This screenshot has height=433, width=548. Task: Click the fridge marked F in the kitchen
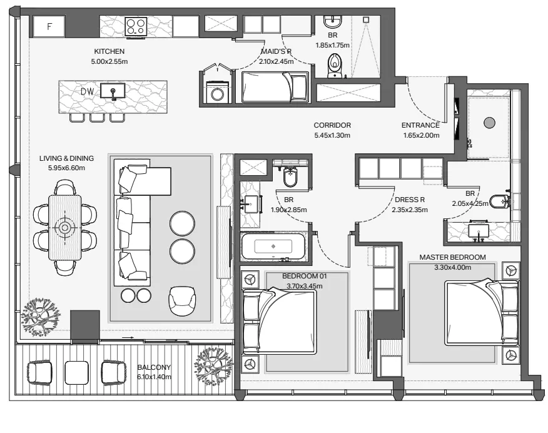tap(49, 26)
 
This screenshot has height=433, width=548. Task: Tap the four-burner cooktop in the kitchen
tap(136, 26)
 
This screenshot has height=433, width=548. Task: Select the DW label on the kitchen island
tap(88, 91)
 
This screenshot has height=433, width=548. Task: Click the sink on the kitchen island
tap(113, 91)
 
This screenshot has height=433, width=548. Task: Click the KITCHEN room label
tap(109, 51)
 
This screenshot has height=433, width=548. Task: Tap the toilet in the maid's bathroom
tap(335, 66)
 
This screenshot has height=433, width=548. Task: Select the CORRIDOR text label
tap(332, 125)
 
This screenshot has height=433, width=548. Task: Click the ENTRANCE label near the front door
tap(420, 125)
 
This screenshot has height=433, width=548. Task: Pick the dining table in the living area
tap(64, 228)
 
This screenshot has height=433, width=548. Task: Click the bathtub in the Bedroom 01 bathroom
tap(273, 247)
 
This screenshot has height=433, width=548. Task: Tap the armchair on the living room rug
tap(182, 300)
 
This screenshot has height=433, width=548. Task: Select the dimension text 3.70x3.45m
tap(305, 286)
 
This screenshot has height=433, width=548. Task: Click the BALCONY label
tap(154, 367)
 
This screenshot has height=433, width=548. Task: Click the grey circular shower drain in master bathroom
tap(489, 123)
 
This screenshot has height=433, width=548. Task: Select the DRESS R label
tap(410, 200)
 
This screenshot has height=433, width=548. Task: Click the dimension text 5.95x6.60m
tap(66, 168)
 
